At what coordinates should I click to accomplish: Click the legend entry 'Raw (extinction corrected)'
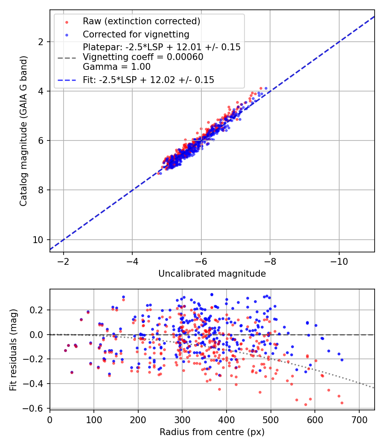[x=141, y=21]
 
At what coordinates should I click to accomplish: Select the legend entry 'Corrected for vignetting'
[x=136, y=34]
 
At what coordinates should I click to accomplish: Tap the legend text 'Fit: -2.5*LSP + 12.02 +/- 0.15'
[x=148, y=80]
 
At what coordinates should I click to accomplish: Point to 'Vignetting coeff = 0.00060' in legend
[x=143, y=57]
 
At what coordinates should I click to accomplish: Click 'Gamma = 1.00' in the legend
[x=116, y=66]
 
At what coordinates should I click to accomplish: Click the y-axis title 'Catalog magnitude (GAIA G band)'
[x=23, y=131]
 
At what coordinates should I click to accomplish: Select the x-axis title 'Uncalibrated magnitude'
[x=212, y=274]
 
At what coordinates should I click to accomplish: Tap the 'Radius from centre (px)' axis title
[x=212, y=432]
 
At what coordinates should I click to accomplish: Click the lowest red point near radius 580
[x=305, y=404]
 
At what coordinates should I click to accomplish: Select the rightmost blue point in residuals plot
[x=342, y=360]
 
